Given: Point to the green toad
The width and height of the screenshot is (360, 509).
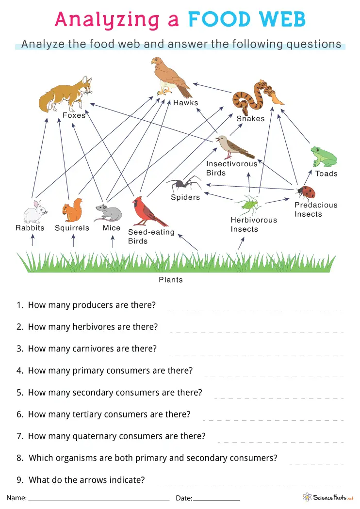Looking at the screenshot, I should (x=324, y=157).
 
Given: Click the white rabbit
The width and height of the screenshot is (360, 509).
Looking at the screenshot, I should (x=35, y=211).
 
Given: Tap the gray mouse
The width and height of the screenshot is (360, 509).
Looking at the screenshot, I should (x=109, y=212).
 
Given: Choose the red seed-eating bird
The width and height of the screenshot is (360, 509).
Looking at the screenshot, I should (x=147, y=211).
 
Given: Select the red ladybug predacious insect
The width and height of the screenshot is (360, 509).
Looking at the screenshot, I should (x=306, y=192).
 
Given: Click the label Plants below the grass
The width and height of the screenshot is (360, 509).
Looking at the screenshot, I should (x=171, y=280).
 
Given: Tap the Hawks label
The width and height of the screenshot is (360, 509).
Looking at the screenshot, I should (x=186, y=103).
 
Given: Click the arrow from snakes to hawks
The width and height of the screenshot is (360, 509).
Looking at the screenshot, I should (x=212, y=88).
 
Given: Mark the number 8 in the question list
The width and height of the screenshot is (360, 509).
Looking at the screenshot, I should (x=19, y=458).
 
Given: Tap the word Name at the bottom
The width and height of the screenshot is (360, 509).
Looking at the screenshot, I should (x=16, y=498).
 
